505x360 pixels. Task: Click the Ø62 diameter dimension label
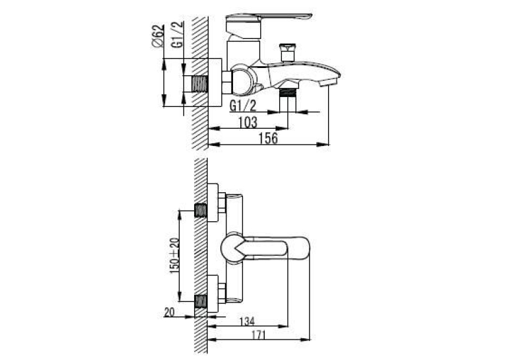pyautogui.click(x=158, y=36)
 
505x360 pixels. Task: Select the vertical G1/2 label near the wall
pyautogui.click(x=178, y=34)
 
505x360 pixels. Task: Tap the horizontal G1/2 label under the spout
pyautogui.click(x=243, y=106)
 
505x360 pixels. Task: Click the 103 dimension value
pyautogui.click(x=248, y=122)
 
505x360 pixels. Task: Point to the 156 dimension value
pyautogui.click(x=268, y=138)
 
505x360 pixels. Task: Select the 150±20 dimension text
pyautogui.click(x=174, y=256)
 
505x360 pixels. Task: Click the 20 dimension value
pyautogui.click(x=170, y=312)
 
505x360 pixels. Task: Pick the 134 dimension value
pyautogui.click(x=247, y=321)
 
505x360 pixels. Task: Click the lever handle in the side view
pyautogui.click(x=269, y=16)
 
